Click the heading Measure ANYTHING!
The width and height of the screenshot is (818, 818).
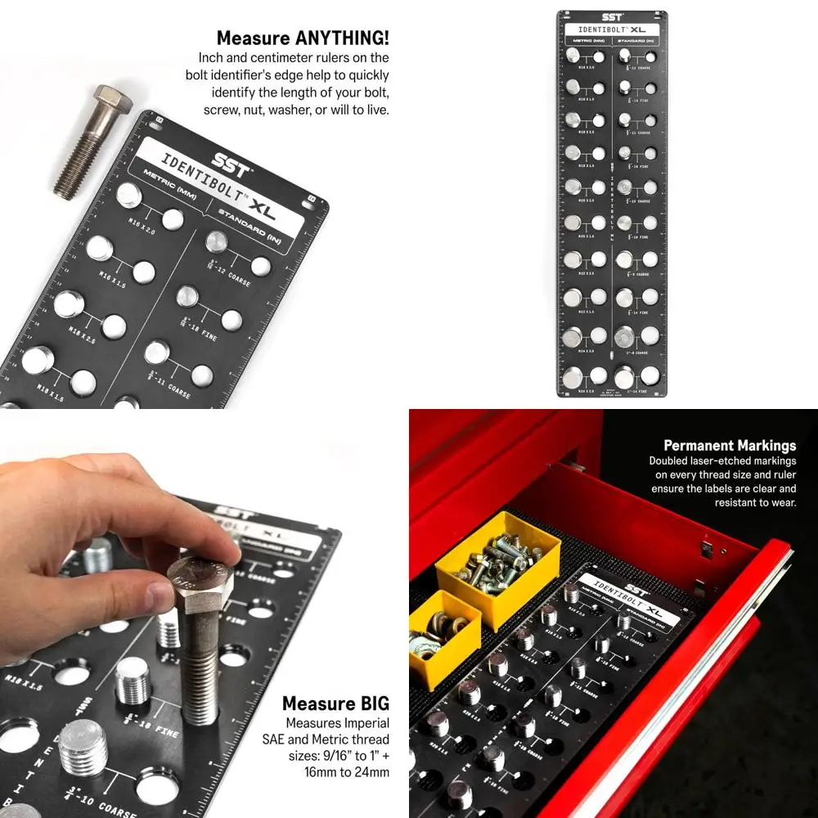click(x=302, y=38)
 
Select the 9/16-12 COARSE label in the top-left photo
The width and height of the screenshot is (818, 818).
click(x=229, y=278)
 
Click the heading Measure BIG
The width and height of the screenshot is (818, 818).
click(x=335, y=703)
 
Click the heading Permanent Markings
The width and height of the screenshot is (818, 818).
click(x=729, y=446)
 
